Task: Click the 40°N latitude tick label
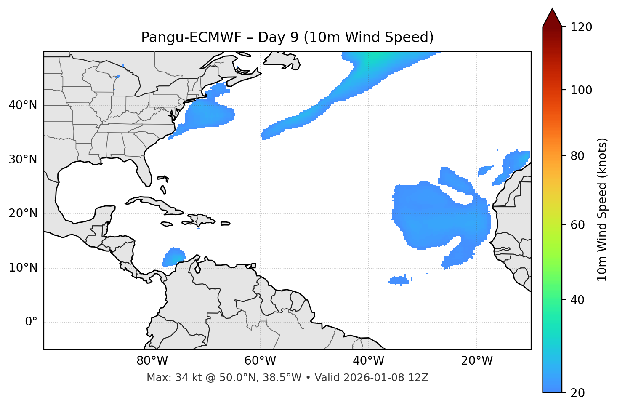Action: click(x=23, y=105)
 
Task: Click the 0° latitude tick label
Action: click(x=31, y=322)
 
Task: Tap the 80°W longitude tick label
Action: click(x=152, y=361)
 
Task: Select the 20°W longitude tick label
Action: click(x=477, y=361)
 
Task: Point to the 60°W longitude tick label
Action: click(x=260, y=361)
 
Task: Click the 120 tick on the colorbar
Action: click(x=581, y=27)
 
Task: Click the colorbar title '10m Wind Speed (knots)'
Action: click(x=602, y=209)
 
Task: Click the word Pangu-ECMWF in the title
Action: click(x=191, y=37)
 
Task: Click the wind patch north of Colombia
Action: click(x=173, y=257)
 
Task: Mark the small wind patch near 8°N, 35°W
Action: click(x=399, y=280)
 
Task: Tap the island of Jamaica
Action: click(x=167, y=224)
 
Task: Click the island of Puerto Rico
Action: click(x=226, y=224)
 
